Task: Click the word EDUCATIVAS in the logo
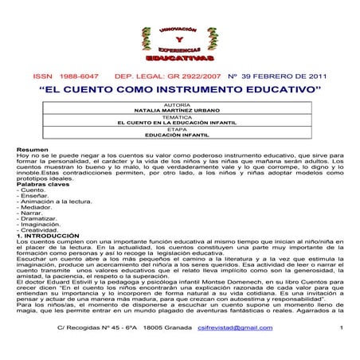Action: (x=179, y=59)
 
